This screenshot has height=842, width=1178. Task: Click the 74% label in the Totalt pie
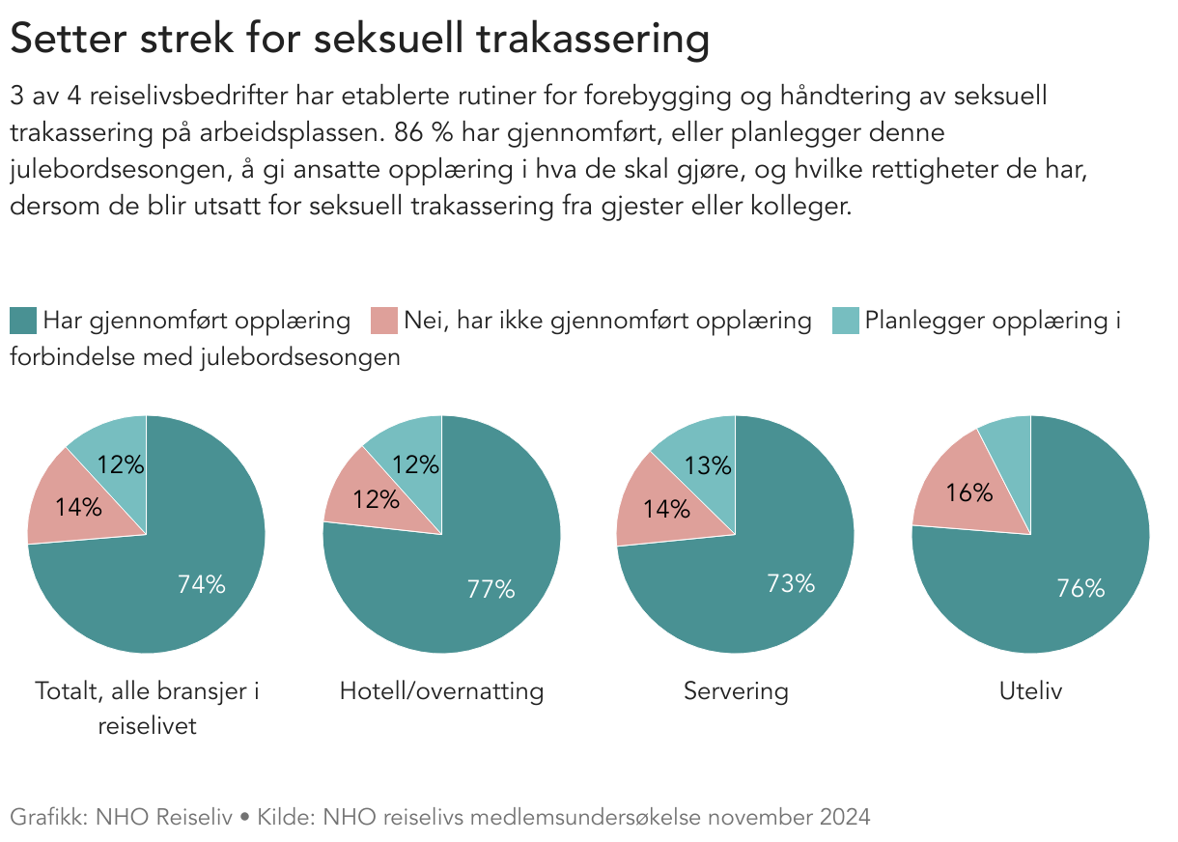coord(201,583)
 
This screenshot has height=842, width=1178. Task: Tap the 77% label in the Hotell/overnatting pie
coord(491,589)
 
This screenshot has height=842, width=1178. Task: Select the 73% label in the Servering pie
coord(790,583)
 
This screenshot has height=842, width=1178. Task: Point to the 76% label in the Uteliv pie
coord(1080,587)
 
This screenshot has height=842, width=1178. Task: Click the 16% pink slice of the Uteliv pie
coord(968,492)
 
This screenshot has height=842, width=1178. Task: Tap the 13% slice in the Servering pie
coord(709,465)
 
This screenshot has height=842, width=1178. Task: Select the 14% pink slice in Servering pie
coord(666,508)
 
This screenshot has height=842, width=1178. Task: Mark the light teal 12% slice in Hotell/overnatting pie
coord(415,464)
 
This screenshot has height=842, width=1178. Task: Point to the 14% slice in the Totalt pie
coord(79,506)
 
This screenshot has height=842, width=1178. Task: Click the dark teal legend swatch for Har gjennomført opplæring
coord(24,321)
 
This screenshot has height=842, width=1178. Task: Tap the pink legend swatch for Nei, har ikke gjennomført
coord(384,321)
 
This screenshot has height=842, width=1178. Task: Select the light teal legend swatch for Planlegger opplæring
coord(846,321)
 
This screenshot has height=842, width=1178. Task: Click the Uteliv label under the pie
coord(1030,691)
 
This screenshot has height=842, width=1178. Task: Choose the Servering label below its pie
coord(736,691)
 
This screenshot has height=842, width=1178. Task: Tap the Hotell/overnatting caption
coord(441,691)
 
